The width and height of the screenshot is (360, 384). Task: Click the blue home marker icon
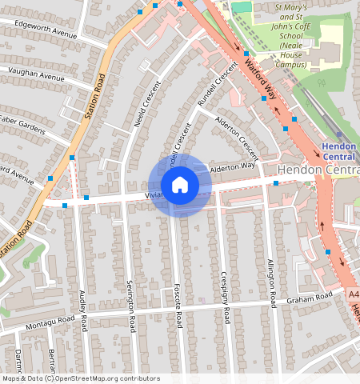pos(180,185)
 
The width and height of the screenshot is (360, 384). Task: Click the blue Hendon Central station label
pos(340,151)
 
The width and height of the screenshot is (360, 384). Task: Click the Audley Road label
pos(83,312)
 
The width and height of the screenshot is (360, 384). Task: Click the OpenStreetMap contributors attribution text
pos(81,378)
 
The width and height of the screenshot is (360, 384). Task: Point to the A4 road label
pos(354,294)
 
